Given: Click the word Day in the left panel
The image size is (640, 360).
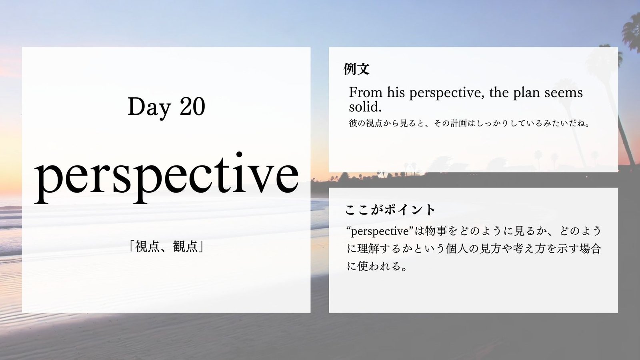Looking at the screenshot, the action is click(149, 108).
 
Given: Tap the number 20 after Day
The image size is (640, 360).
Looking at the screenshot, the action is click(192, 106).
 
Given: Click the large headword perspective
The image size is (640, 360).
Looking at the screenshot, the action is click(166, 178).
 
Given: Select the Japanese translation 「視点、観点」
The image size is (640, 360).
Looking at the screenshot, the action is click(166, 246).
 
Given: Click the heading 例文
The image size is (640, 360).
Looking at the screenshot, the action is click(356, 69).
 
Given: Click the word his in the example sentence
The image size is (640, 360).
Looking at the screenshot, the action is click(396, 92).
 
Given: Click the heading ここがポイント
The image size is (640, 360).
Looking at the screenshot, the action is click(390, 210).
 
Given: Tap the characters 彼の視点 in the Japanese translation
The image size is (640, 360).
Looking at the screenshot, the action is click(366, 124).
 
